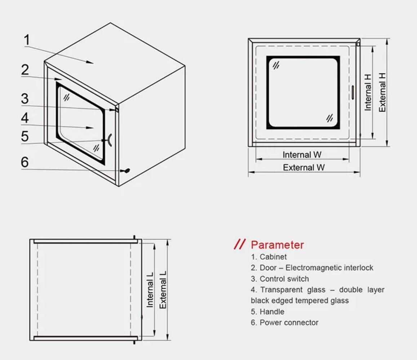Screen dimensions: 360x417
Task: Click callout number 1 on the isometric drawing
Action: coord(27,40)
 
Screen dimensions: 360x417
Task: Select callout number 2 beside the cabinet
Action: coord(25,69)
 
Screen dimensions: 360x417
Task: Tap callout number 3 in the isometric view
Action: coord(25,98)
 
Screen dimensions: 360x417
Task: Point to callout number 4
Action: coord(25,118)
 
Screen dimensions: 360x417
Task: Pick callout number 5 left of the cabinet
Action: coord(25,136)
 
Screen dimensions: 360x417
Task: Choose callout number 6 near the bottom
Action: coord(25,162)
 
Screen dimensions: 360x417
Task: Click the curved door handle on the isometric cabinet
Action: coord(110,140)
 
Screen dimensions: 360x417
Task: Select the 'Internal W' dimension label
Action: coord(302,155)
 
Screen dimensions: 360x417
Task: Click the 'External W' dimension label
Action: coord(303,167)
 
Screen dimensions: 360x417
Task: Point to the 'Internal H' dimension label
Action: coord(368,92)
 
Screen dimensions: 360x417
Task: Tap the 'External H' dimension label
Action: coord(382,92)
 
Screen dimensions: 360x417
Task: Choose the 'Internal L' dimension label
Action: coord(150,289)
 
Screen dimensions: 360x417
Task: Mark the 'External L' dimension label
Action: coord(163,289)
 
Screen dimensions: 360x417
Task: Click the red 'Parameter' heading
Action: coord(277,245)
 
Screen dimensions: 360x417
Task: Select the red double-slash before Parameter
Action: coord(240,244)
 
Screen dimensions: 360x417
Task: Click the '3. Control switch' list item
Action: coord(280,279)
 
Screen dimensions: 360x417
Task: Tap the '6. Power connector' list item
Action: coord(285,323)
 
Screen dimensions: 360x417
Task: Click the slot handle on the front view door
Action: coord(353,92)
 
